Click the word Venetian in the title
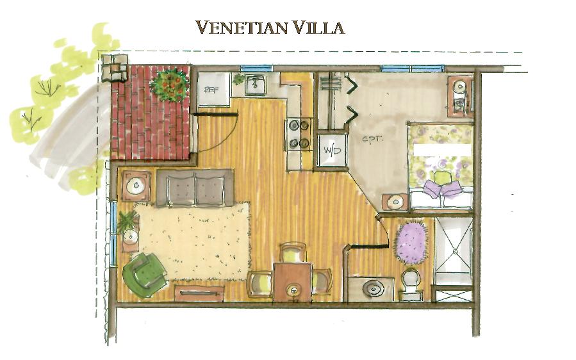point(241,28)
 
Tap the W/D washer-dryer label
point(332,151)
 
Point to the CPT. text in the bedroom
point(373,140)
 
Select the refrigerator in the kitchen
point(214,89)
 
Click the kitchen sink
point(255,84)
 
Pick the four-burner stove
point(299,134)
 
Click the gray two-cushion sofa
point(195,188)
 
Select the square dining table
point(293,282)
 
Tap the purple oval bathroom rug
point(411,241)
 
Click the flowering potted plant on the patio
point(170,85)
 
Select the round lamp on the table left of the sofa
point(136,186)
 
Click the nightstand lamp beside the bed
point(395,202)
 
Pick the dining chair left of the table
point(259,284)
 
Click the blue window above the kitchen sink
point(256,69)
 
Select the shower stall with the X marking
point(453,251)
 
